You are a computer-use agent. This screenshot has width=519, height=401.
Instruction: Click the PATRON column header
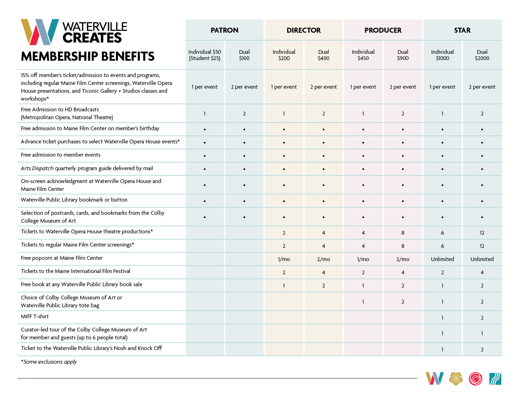(224, 30)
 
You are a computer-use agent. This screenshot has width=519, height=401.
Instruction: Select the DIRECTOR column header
(304, 30)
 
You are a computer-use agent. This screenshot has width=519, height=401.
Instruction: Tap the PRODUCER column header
(383, 30)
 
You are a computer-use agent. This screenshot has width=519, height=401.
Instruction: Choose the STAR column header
(462, 30)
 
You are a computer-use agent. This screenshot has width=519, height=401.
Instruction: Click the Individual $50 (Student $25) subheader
(205, 55)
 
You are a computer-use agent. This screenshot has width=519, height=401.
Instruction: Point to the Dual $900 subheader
(403, 55)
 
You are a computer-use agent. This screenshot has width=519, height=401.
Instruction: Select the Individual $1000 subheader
(442, 55)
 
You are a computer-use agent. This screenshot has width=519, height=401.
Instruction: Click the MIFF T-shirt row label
(35, 316)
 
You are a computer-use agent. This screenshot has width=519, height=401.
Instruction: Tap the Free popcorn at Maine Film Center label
(62, 258)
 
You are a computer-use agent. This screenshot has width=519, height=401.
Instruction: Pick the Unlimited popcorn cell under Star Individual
(442, 259)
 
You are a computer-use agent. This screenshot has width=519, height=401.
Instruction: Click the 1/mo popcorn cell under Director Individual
(284, 259)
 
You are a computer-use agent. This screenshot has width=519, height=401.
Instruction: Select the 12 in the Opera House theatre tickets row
(482, 233)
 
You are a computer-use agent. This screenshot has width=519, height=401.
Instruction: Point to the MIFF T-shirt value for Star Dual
(482, 318)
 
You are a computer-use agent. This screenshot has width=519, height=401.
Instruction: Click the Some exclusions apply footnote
(49, 362)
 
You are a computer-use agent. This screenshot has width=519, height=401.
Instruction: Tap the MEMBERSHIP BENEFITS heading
(88, 56)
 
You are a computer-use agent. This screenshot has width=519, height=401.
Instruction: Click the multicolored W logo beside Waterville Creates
(40, 32)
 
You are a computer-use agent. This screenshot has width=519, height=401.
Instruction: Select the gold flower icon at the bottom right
(456, 379)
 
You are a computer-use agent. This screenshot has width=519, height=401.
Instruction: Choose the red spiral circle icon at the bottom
(475, 379)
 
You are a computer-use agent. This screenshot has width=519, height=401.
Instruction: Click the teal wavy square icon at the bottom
(495, 379)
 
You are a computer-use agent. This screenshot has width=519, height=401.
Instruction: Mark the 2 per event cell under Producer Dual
(403, 87)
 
